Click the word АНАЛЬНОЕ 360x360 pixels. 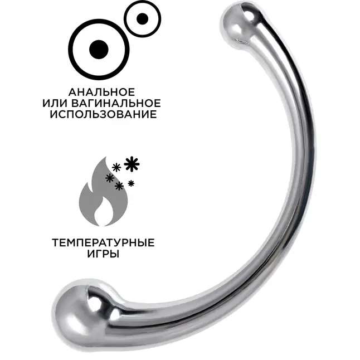pos(101,93)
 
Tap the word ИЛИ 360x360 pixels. pos(55,103)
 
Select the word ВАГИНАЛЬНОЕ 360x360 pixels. pos(116,103)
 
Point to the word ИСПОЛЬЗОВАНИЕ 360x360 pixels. pos(103,114)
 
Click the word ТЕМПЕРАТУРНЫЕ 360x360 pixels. pos(103,242)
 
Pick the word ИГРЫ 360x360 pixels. pos(103,254)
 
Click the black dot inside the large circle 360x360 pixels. pos(99,50)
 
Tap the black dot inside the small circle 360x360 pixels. pos(142,18)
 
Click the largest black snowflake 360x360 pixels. pos(132,164)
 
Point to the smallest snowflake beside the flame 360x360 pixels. pos(131,183)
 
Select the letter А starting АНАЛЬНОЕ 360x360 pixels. pos(72,93)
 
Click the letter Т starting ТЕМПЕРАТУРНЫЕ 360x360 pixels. pos(56,242)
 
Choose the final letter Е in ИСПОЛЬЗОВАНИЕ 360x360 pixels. pos(154,114)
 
